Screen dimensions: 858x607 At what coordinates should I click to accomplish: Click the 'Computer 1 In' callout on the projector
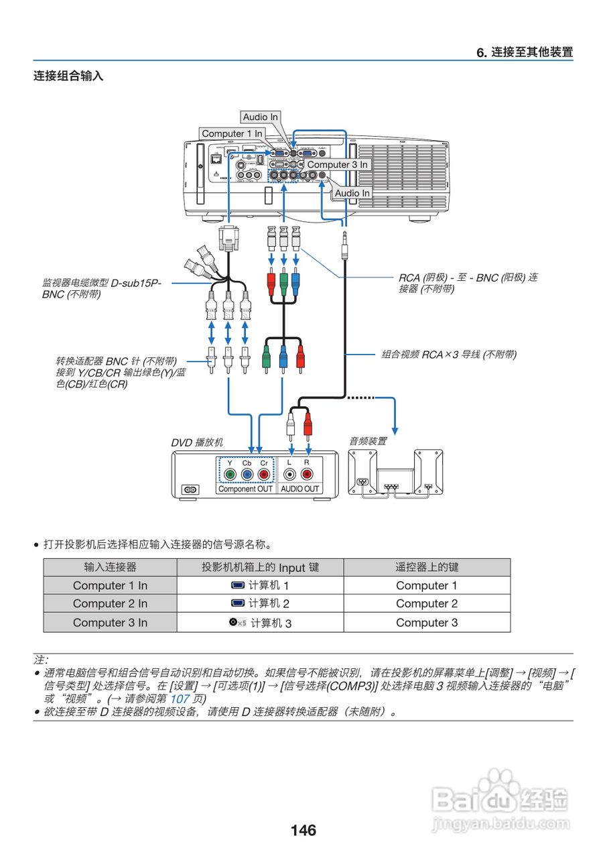(232, 134)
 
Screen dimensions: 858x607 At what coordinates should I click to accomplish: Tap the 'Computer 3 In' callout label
(337, 164)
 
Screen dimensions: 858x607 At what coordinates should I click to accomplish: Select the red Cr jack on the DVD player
(263, 475)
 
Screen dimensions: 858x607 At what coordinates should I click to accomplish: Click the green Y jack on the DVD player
(229, 475)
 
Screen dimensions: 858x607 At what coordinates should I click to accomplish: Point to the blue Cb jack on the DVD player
(247, 475)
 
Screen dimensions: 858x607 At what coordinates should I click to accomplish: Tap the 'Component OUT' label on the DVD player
(245, 489)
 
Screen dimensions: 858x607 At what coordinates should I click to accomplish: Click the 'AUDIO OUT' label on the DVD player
(299, 489)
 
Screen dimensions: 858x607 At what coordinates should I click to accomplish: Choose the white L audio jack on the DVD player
(289, 475)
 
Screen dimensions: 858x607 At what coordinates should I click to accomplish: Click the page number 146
(303, 831)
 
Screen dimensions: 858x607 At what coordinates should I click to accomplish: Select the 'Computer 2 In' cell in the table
(110, 603)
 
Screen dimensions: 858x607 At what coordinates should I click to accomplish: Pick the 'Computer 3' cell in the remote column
(427, 622)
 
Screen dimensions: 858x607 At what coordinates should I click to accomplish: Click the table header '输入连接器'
(110, 567)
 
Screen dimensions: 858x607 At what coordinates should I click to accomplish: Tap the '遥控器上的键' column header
(427, 567)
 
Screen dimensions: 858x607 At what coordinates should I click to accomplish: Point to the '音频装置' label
(367, 441)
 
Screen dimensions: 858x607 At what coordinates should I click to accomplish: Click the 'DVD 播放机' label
(197, 442)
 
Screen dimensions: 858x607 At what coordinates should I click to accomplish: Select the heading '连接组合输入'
(68, 76)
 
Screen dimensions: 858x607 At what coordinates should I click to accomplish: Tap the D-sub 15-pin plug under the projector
(229, 239)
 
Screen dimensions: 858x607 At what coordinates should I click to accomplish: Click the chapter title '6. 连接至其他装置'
(525, 52)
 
